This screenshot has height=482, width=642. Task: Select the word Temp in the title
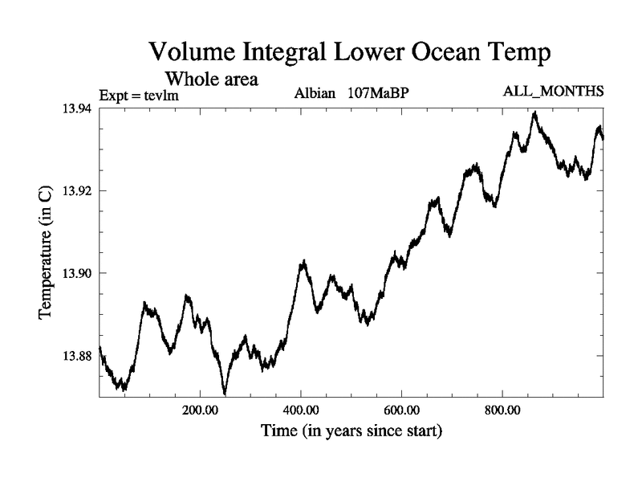521,54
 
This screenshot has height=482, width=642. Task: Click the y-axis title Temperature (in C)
46,252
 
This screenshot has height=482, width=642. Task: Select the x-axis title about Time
351,431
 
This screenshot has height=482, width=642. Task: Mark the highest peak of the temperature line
534,112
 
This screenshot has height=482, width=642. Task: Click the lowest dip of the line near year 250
225,394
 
